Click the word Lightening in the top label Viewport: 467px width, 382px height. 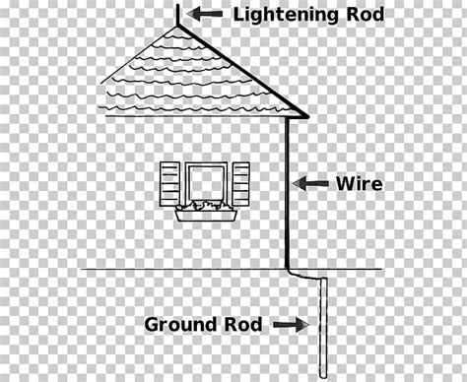click(280, 15)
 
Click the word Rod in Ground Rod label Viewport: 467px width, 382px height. click(245, 323)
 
